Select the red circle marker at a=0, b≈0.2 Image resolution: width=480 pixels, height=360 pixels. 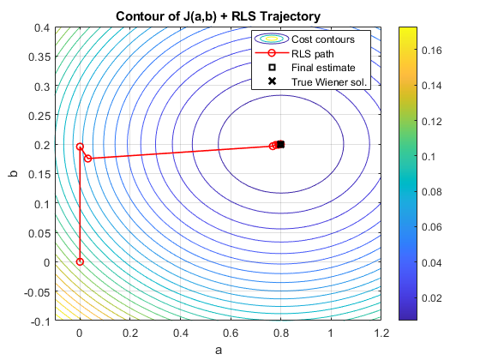tap(80, 147)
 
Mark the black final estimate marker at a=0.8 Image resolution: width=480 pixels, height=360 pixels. tap(281, 145)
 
